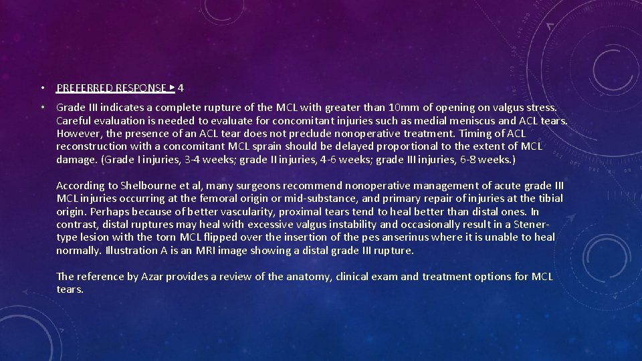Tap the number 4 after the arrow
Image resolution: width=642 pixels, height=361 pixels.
coord(181,88)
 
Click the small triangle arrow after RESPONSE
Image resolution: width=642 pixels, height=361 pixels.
coord(172,87)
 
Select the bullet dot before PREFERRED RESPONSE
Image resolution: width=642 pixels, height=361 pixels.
coord(41,88)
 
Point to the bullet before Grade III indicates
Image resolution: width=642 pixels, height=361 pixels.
coord(41,108)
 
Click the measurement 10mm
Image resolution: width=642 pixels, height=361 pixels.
coord(401,108)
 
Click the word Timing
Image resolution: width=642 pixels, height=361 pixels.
coord(473,134)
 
